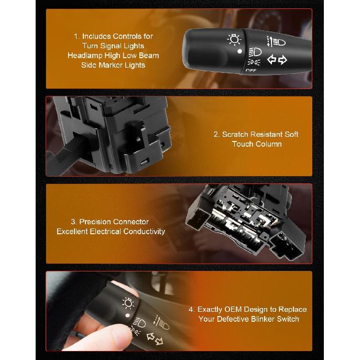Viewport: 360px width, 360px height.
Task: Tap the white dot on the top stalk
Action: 239,51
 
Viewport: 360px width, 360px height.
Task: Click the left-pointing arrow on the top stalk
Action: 272,60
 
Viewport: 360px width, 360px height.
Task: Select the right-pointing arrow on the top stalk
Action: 283,60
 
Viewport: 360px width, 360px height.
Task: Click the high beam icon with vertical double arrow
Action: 275,41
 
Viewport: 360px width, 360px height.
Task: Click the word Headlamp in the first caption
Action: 85,55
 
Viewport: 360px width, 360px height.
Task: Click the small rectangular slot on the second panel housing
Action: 143,163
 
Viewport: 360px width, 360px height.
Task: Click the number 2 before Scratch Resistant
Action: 216,134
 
